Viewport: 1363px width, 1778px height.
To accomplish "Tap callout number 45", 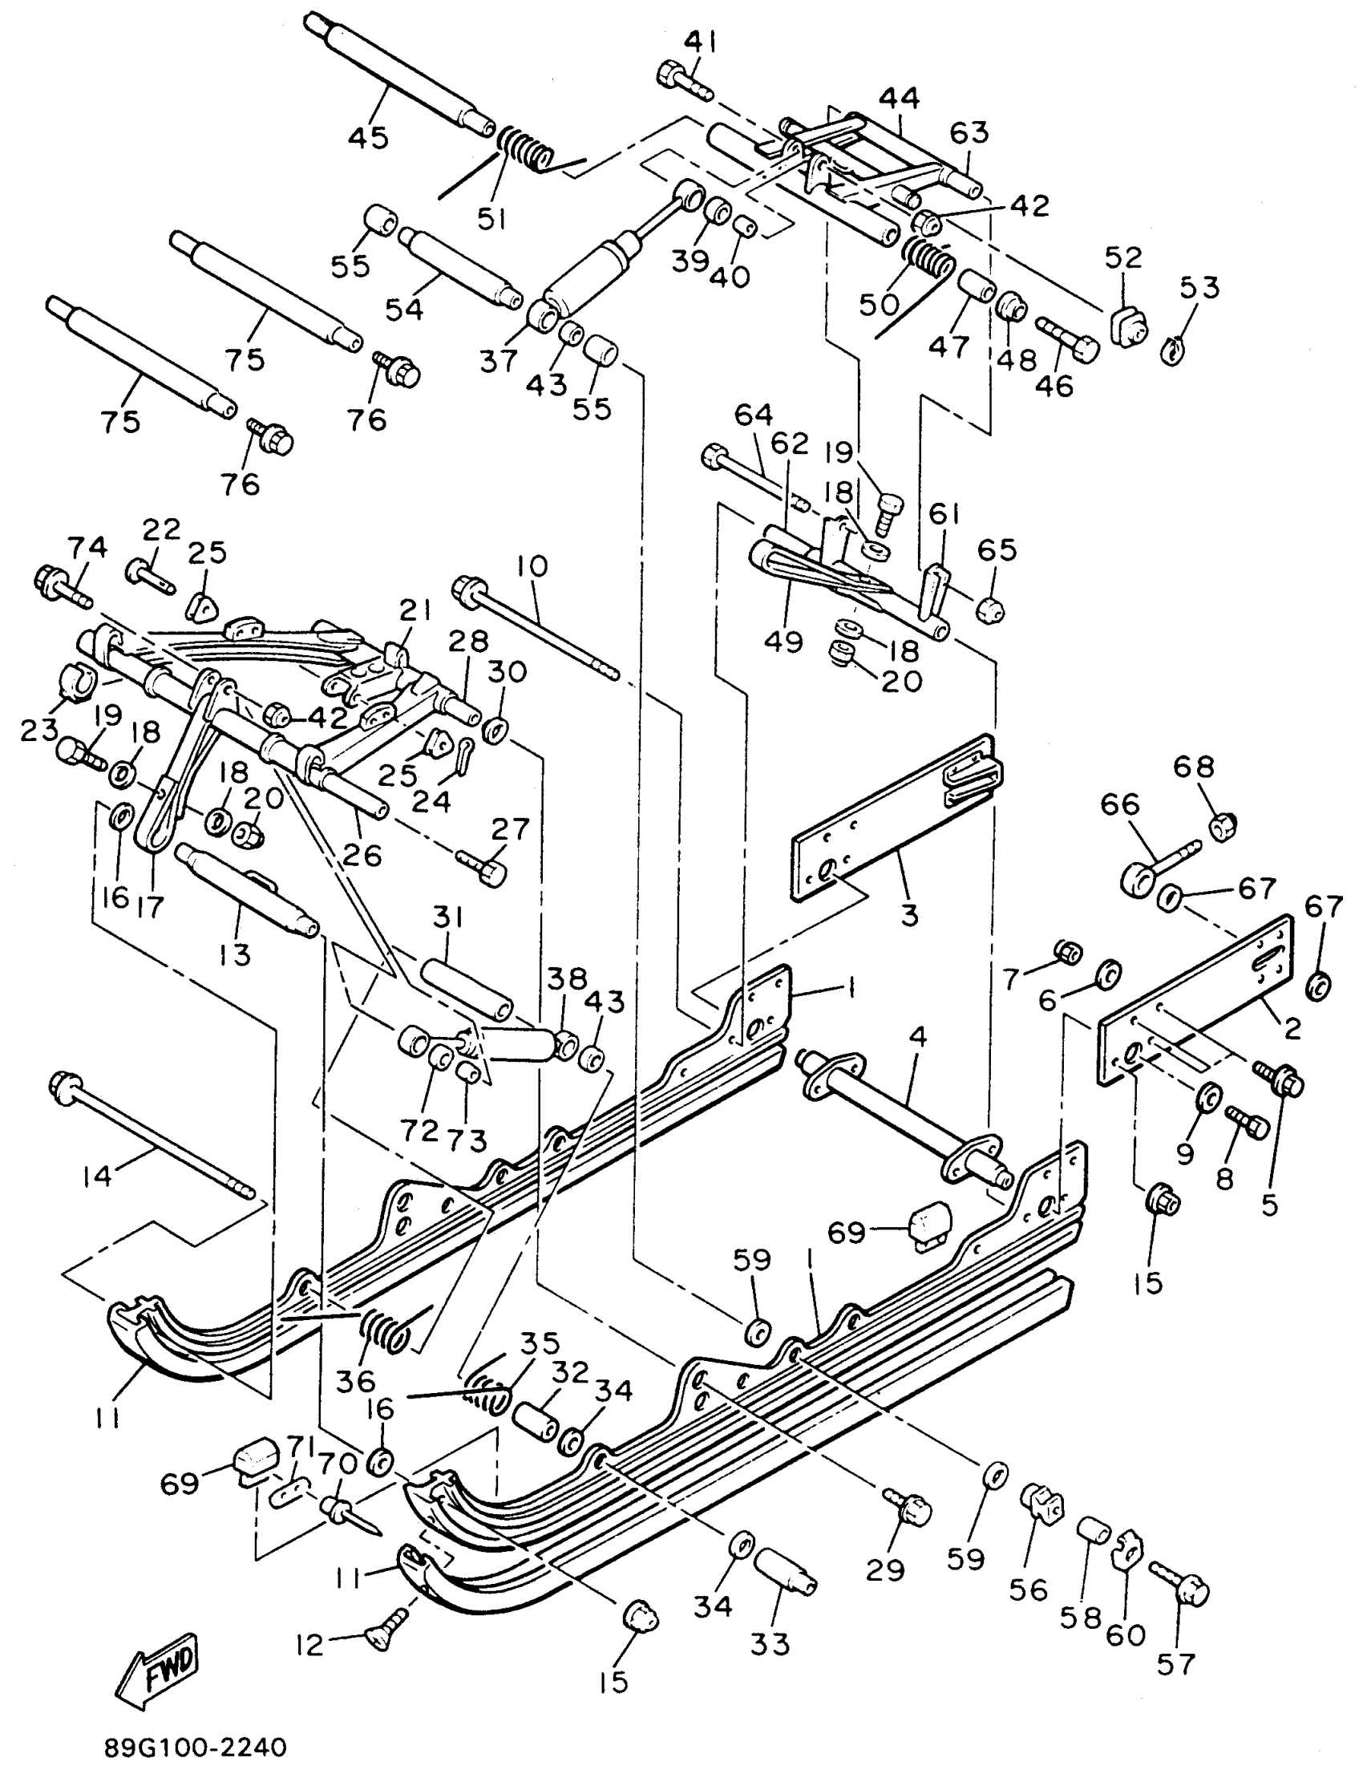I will pos(368,137).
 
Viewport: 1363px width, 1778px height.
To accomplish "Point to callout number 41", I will pos(700,42).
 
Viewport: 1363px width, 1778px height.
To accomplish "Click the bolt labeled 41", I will pos(681,81).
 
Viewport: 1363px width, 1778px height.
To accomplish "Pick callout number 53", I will pos(1199,287).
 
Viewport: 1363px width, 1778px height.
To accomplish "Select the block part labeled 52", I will pos(1128,328).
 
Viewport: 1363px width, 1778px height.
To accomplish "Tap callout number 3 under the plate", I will pos(909,913).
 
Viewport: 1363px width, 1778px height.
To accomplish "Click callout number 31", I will pos(447,917).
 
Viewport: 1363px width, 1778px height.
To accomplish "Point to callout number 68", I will pos(1195,767).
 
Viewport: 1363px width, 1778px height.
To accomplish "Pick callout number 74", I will pos(87,548).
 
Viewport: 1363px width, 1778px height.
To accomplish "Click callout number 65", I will pos(997,549).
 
